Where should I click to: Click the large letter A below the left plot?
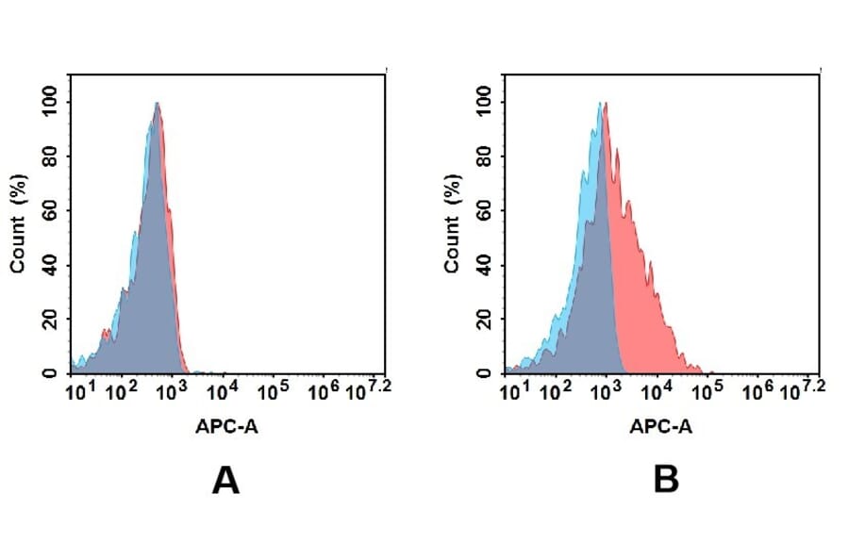(x=225, y=481)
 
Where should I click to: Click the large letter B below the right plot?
(x=666, y=481)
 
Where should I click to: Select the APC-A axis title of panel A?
(x=227, y=426)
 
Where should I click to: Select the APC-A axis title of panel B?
(x=661, y=426)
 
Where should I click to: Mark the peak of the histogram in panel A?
(x=157, y=105)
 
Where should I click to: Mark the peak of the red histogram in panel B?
(x=605, y=105)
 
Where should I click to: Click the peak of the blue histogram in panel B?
(x=598, y=105)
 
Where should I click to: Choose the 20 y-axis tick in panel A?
(x=51, y=319)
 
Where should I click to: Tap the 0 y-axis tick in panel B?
(x=485, y=373)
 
